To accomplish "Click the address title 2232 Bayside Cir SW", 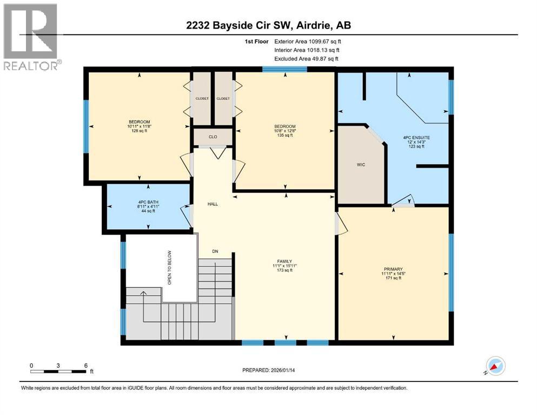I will coord(269,25).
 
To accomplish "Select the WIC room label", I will coord(361,165).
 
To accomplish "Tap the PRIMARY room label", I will coord(393,269).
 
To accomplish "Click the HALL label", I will coord(213,204).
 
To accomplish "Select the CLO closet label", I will coord(213,137).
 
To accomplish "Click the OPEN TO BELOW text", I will coord(169,267).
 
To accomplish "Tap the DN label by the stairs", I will coord(215,252).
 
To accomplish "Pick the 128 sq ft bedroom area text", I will coord(139,131).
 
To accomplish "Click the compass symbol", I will coord(495,366).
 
